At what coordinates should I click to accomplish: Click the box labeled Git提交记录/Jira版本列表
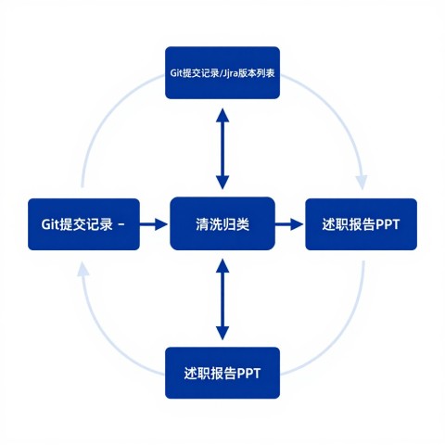(x=222, y=73)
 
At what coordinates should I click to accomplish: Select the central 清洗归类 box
(x=222, y=223)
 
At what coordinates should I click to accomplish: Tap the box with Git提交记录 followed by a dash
(x=83, y=224)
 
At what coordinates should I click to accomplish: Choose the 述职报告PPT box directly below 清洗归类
(x=222, y=373)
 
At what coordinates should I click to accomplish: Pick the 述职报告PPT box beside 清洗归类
(x=362, y=224)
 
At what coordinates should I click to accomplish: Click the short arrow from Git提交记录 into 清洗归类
(x=154, y=223)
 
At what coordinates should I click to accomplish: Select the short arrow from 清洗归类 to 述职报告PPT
(x=289, y=223)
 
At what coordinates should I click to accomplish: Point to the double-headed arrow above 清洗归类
(x=222, y=148)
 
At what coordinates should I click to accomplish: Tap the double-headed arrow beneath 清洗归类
(x=222, y=299)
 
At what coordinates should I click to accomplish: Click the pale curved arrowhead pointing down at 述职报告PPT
(x=362, y=183)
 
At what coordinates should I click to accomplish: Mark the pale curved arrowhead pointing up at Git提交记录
(x=83, y=268)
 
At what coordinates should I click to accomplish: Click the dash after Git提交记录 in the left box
(x=121, y=224)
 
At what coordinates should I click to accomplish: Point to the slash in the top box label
(x=221, y=73)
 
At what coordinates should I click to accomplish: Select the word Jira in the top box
(x=230, y=73)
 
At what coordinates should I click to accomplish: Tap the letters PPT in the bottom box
(x=248, y=374)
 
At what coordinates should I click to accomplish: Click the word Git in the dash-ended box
(x=50, y=224)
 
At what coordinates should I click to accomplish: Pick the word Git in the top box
(x=176, y=73)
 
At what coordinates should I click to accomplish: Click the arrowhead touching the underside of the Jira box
(x=222, y=115)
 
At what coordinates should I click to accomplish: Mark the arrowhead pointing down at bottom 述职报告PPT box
(x=222, y=334)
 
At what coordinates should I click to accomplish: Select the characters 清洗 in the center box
(x=209, y=224)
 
